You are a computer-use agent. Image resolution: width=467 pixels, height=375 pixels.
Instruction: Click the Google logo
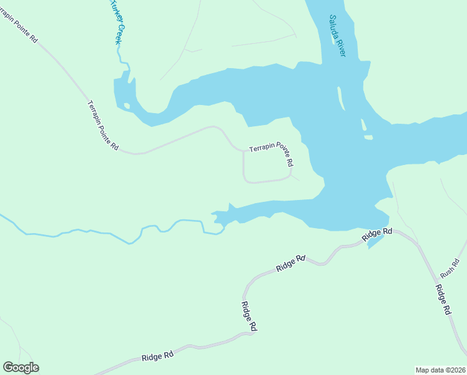21,367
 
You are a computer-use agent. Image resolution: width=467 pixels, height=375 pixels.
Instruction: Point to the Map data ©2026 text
440,370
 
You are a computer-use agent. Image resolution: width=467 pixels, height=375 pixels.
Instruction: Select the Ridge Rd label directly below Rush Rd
443,300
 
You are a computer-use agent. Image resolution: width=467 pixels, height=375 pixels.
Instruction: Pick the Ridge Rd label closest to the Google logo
157,356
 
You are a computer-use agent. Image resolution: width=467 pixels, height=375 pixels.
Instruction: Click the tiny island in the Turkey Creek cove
127,106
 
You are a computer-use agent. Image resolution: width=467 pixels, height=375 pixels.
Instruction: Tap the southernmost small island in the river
368,137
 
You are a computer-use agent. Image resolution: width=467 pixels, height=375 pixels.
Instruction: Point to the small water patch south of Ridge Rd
373,242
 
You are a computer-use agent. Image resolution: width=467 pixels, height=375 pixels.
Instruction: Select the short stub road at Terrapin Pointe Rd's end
295,177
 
